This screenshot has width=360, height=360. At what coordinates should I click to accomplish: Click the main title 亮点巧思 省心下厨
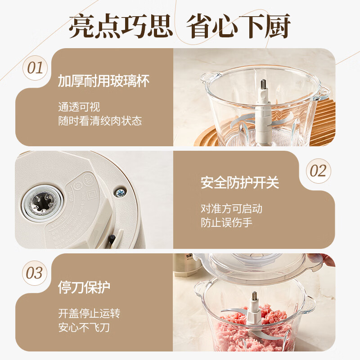point(180,26)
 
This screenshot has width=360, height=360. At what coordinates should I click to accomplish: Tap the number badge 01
point(35,68)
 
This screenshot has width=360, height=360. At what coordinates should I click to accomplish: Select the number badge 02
point(318,171)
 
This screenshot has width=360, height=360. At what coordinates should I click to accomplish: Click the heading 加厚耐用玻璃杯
point(103,81)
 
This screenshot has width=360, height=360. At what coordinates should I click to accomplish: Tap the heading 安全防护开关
point(240,183)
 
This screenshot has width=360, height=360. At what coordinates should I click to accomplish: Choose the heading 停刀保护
point(84,287)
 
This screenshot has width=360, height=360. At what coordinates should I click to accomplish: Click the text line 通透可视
point(79,107)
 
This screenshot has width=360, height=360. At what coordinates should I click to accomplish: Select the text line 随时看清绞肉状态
point(100,121)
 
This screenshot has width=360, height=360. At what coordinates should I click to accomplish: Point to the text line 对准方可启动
point(231,209)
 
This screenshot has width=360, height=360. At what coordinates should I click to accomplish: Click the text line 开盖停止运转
point(89,313)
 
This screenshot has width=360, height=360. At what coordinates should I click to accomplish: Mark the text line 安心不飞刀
point(84,327)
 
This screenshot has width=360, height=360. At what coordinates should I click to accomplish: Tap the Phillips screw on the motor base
point(120,193)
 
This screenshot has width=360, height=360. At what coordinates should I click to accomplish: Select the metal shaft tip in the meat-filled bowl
point(253,297)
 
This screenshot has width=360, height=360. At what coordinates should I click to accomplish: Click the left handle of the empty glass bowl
point(204,79)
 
